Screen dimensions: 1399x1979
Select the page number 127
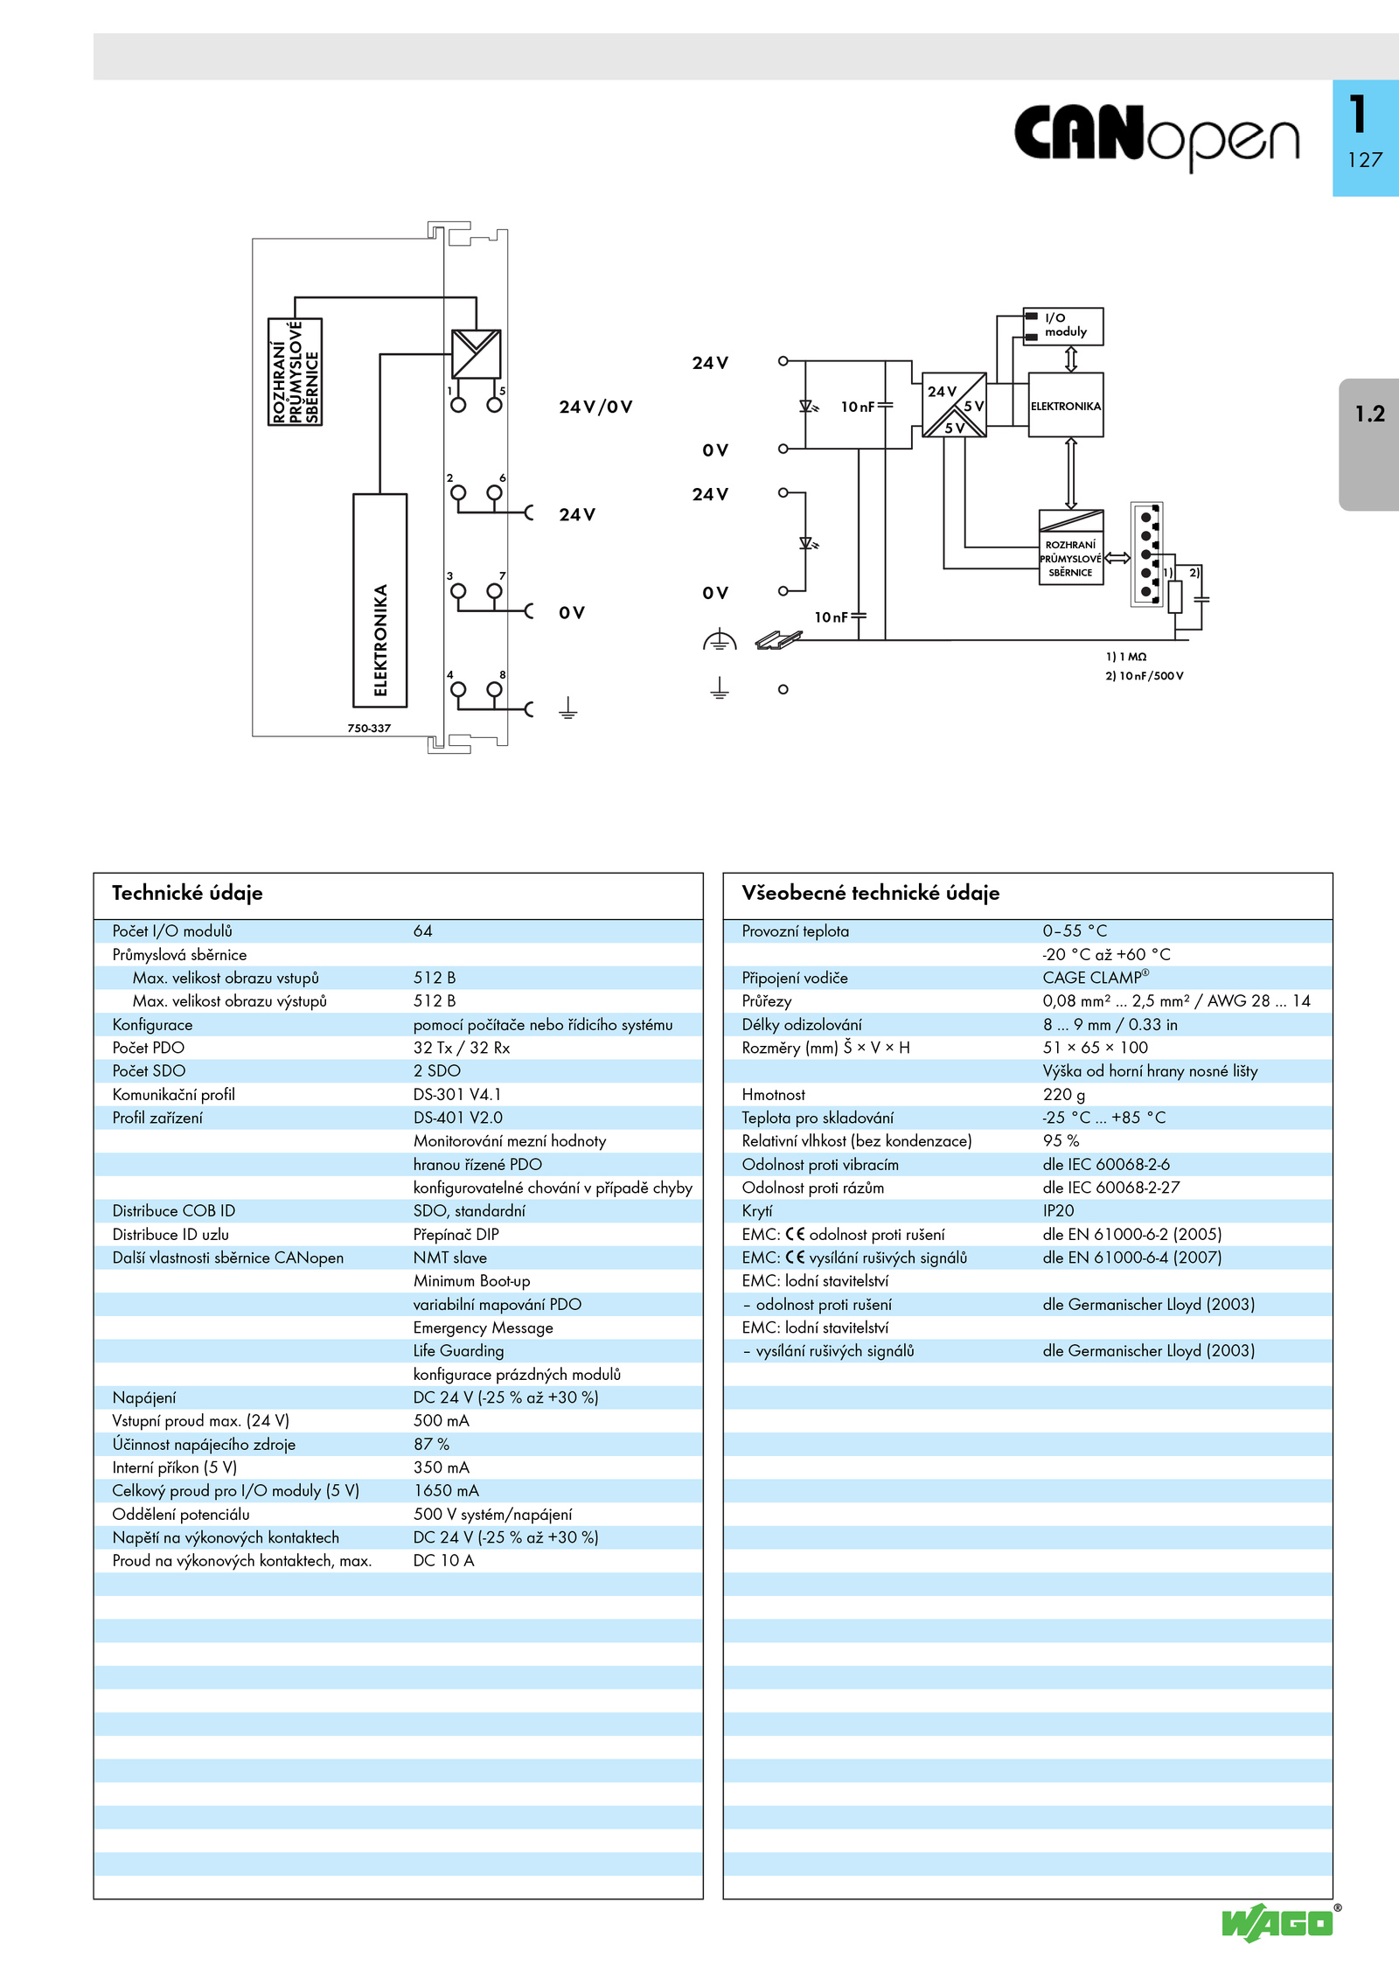1365,160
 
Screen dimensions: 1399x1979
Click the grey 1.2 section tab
1369,444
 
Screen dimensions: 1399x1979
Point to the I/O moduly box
1063,326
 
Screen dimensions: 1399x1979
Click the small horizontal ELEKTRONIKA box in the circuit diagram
1066,406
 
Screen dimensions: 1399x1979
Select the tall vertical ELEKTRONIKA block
380,600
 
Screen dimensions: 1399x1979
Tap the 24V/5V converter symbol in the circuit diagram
954,405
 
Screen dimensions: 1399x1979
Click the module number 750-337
369,728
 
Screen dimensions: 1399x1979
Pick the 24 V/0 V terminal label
595,407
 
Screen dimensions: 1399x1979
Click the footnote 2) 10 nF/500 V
1145,676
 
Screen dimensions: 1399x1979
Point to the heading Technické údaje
187,893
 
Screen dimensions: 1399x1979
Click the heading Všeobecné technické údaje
871,893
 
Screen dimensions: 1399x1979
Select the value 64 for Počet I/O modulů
423,931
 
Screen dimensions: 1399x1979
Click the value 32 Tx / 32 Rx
462,1048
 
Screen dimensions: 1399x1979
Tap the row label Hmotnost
774,1094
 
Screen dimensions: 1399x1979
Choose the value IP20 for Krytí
1058,1210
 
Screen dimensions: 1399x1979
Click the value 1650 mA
446,1490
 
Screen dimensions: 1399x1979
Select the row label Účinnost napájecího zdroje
204,1444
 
